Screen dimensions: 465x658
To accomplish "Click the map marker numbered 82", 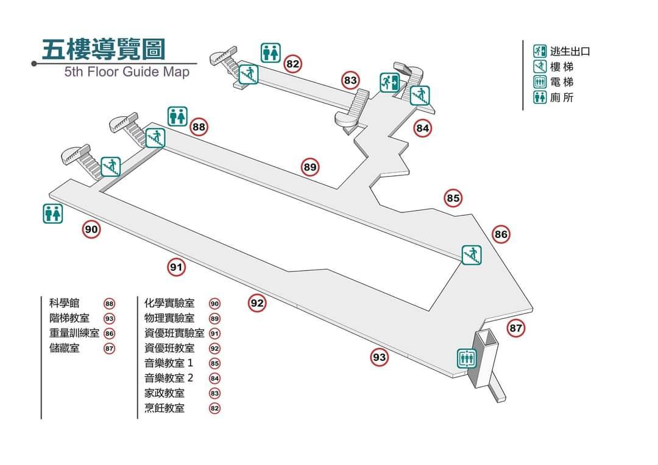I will [293, 63].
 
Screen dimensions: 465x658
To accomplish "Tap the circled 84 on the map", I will [423, 128].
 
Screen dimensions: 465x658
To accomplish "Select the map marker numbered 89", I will [310, 167].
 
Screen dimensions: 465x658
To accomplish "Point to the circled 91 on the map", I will [177, 267].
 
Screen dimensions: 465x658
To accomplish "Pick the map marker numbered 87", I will [516, 329].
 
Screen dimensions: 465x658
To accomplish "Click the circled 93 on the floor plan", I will [380, 357].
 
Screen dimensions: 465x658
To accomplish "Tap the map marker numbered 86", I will [501, 234].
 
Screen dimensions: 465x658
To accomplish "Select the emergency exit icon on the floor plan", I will [389, 82].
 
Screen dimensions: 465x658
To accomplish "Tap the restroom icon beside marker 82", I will [271, 52].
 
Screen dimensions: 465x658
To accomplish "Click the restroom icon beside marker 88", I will [177, 116].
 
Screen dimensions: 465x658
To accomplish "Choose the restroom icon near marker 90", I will [53, 213].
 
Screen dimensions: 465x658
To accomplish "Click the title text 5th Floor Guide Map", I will [127, 72].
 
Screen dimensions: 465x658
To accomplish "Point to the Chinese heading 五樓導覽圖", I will [104, 49].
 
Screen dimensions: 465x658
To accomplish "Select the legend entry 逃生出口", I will [570, 52].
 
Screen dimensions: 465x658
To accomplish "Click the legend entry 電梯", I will [561, 82].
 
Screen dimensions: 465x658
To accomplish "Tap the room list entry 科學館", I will [64, 303].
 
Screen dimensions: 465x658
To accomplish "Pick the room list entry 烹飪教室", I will [164, 408].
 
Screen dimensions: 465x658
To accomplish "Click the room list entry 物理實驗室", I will [169, 318].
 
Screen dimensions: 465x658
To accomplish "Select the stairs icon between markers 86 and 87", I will [472, 254].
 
